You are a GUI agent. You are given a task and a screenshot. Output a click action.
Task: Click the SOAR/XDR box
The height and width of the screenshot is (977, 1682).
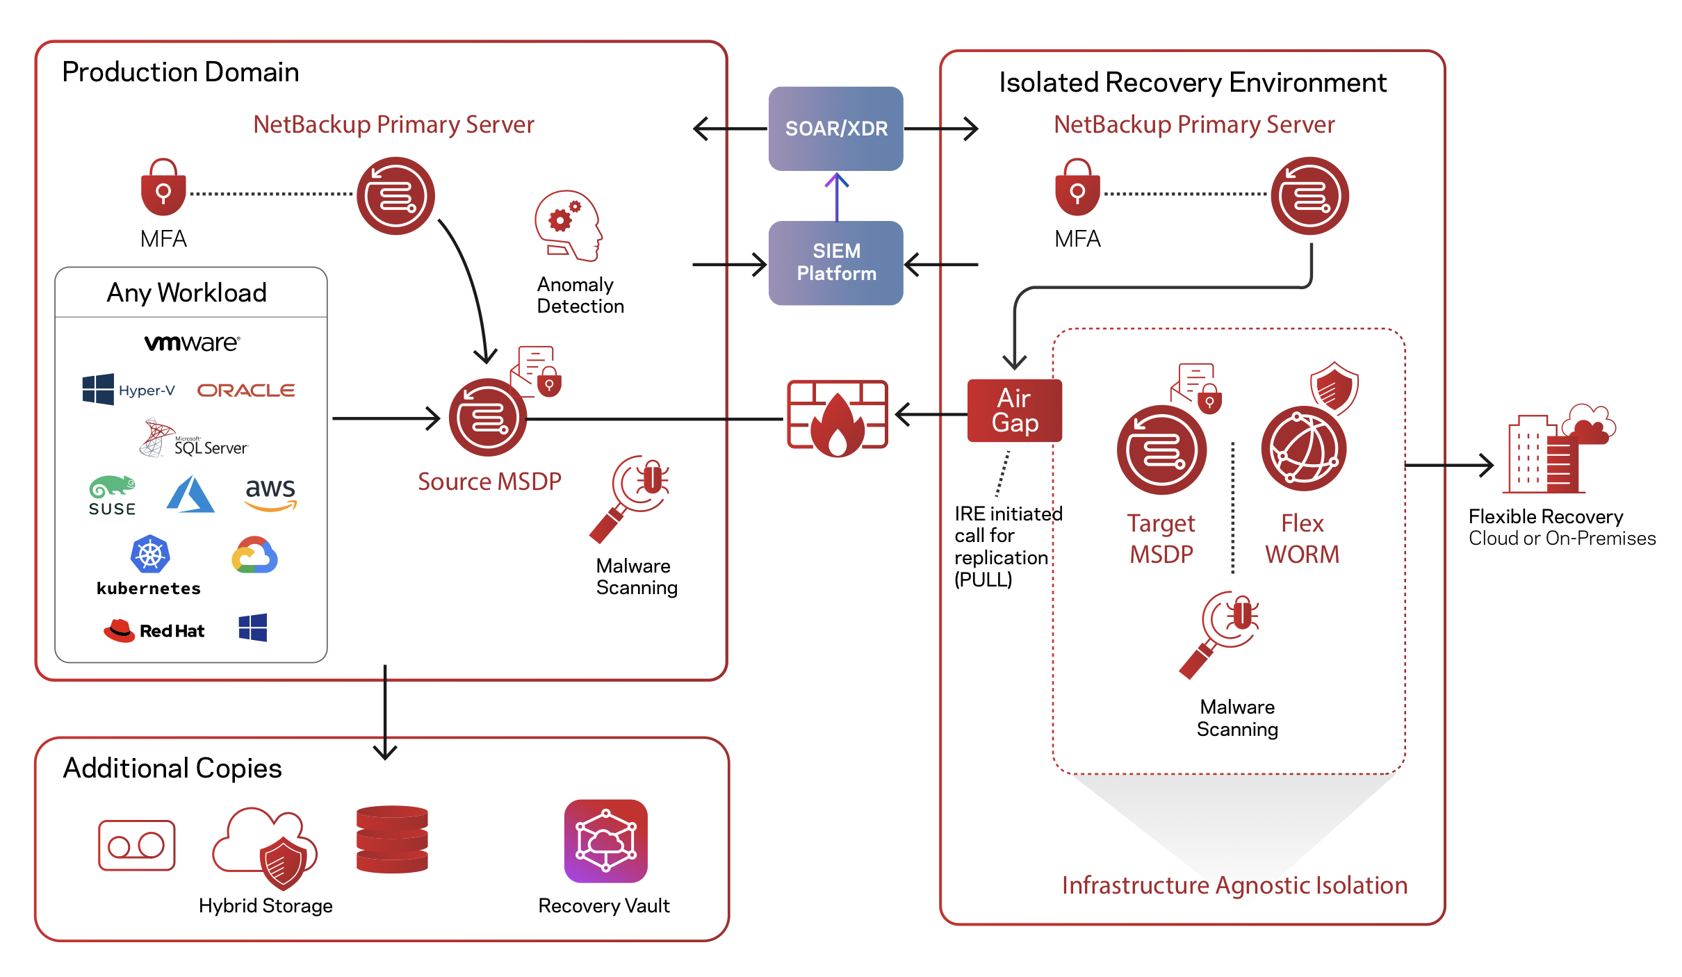(x=835, y=129)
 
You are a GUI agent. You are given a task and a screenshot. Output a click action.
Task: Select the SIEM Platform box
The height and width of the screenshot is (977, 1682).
(x=835, y=263)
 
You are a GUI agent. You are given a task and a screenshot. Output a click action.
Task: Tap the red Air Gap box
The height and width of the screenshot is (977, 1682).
(x=1014, y=411)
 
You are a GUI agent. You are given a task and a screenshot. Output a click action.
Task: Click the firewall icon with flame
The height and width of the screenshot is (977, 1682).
(x=837, y=418)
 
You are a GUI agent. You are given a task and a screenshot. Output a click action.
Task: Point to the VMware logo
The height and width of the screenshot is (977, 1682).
(x=192, y=343)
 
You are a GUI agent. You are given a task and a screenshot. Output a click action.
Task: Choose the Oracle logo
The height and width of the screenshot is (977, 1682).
(x=246, y=391)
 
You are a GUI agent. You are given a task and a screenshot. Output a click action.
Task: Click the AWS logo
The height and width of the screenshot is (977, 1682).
(x=270, y=494)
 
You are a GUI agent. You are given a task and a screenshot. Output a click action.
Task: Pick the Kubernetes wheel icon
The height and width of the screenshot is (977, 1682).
(x=150, y=555)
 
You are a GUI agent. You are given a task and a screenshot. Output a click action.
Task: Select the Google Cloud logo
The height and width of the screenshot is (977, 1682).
(x=254, y=555)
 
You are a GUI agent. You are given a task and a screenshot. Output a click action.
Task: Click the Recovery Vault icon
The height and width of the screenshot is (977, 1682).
(x=605, y=841)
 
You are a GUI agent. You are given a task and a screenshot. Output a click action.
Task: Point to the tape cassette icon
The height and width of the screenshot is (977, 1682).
(x=136, y=845)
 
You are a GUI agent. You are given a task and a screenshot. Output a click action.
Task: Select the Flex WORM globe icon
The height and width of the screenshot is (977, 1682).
(x=1304, y=448)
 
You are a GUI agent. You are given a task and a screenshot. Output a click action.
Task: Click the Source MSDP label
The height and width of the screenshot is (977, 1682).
(x=489, y=482)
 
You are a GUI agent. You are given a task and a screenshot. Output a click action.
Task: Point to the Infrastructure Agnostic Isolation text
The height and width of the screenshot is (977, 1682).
(x=1234, y=885)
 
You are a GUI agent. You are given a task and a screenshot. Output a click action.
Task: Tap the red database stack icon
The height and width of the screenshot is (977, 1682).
(x=392, y=839)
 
